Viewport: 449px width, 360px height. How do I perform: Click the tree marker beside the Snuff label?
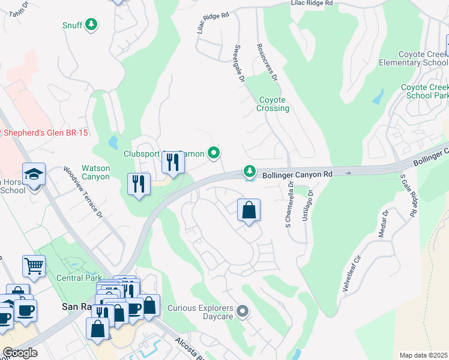point(91,25)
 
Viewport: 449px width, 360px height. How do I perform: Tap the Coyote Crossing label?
point(274,104)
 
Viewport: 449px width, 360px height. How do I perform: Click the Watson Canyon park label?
point(96,173)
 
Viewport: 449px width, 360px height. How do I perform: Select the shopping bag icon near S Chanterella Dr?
point(249,211)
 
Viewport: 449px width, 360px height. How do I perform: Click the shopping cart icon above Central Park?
point(34,266)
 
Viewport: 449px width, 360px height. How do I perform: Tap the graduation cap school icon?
point(35,175)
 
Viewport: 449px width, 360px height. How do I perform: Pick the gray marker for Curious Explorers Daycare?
point(243,311)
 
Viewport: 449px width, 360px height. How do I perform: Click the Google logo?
point(20,353)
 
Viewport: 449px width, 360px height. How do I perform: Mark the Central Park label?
point(74,278)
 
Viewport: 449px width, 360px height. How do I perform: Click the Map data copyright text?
point(423,355)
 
